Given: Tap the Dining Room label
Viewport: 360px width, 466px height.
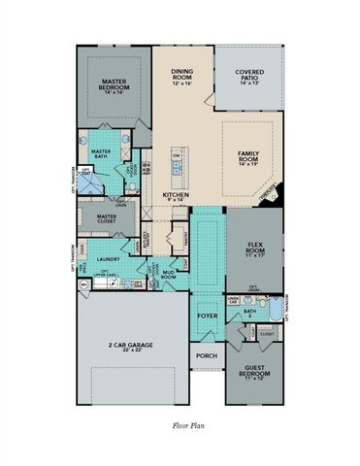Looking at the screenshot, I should pyautogui.click(x=182, y=76).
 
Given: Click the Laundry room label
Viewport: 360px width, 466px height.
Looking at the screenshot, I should pyautogui.click(x=108, y=259).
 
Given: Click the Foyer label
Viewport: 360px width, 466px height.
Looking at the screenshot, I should pyautogui.click(x=207, y=316).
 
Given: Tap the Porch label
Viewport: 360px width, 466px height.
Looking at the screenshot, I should pyautogui.click(x=206, y=355).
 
